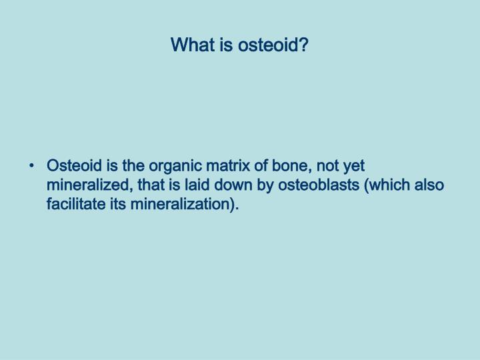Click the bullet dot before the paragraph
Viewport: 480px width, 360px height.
click(33, 166)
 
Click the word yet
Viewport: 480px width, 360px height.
click(352, 166)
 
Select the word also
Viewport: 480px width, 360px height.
click(430, 185)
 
